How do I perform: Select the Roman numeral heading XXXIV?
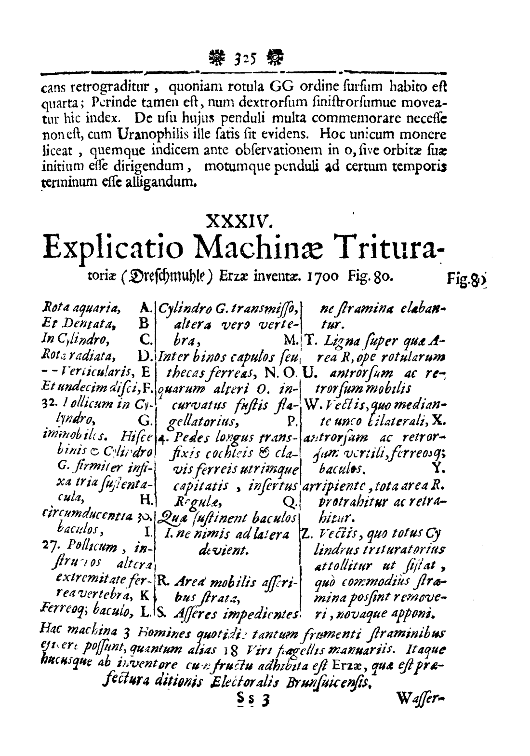[x=239, y=223]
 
